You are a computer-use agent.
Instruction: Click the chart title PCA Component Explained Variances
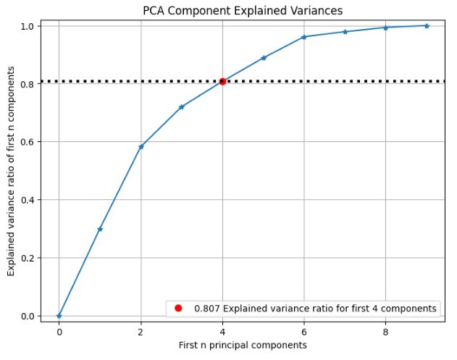pyautogui.click(x=243, y=11)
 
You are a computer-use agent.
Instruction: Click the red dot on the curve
pyautogui.click(x=222, y=81)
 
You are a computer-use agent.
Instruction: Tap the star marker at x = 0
pyautogui.click(x=59, y=316)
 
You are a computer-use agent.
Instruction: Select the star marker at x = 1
pyautogui.click(x=100, y=229)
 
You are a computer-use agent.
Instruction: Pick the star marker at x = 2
pyautogui.click(x=141, y=146)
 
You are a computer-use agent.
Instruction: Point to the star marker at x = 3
pyautogui.click(x=182, y=106)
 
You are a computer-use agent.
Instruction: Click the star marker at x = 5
pyautogui.click(x=264, y=58)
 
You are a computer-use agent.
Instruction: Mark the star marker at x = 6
pyautogui.click(x=304, y=37)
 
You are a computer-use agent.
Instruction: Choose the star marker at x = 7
pyautogui.click(x=345, y=32)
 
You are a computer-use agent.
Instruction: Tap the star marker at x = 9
pyautogui.click(x=427, y=25)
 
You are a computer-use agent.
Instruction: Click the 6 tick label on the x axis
pyautogui.click(x=304, y=332)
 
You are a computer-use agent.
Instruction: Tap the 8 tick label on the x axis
pyautogui.click(x=385, y=332)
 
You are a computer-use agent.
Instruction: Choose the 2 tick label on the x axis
pyautogui.click(x=141, y=332)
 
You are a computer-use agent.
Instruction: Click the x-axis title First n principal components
pyautogui.click(x=243, y=346)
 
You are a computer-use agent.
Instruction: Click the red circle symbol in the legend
pyautogui.click(x=177, y=309)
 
